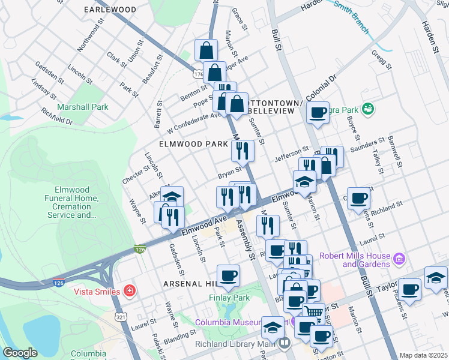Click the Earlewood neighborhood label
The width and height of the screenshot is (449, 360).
point(110,10)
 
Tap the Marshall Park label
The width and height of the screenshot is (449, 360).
point(82,107)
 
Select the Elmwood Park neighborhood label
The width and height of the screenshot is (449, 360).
point(193,145)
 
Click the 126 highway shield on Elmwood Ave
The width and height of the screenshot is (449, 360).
point(140,249)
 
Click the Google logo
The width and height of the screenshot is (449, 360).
point(20,353)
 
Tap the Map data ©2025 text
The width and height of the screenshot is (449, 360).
point(423,355)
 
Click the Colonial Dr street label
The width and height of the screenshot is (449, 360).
point(322,88)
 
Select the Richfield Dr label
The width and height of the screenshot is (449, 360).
point(57,116)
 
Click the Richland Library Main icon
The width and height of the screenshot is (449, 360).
point(284,344)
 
